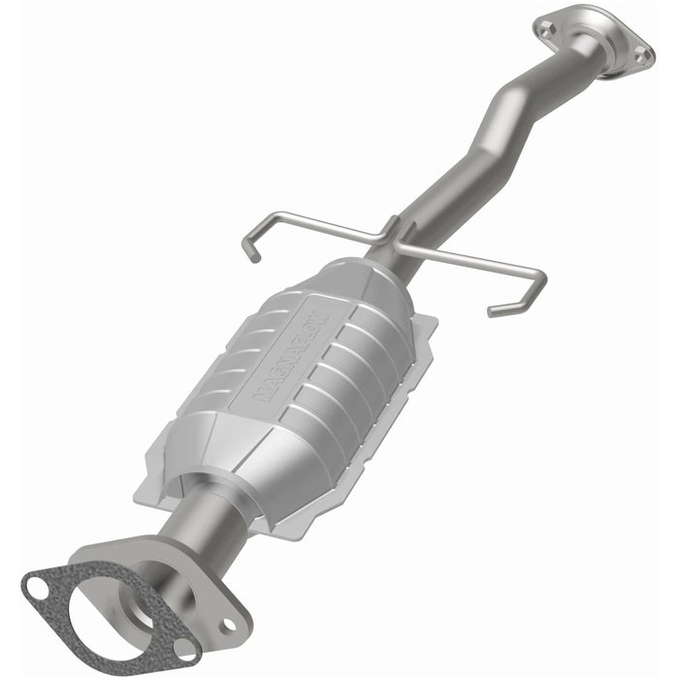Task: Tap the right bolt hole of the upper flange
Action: point(641,58)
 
